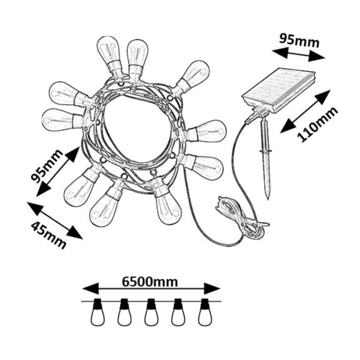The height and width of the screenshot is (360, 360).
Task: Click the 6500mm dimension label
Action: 150,281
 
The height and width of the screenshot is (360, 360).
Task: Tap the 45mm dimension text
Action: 48,235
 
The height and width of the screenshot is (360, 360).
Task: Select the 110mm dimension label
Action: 317,124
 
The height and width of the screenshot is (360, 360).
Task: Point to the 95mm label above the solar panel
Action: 299,41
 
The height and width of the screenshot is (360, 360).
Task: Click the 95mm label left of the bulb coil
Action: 46,166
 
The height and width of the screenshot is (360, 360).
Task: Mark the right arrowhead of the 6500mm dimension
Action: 212,288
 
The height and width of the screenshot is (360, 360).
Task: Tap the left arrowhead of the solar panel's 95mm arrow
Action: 279,52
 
